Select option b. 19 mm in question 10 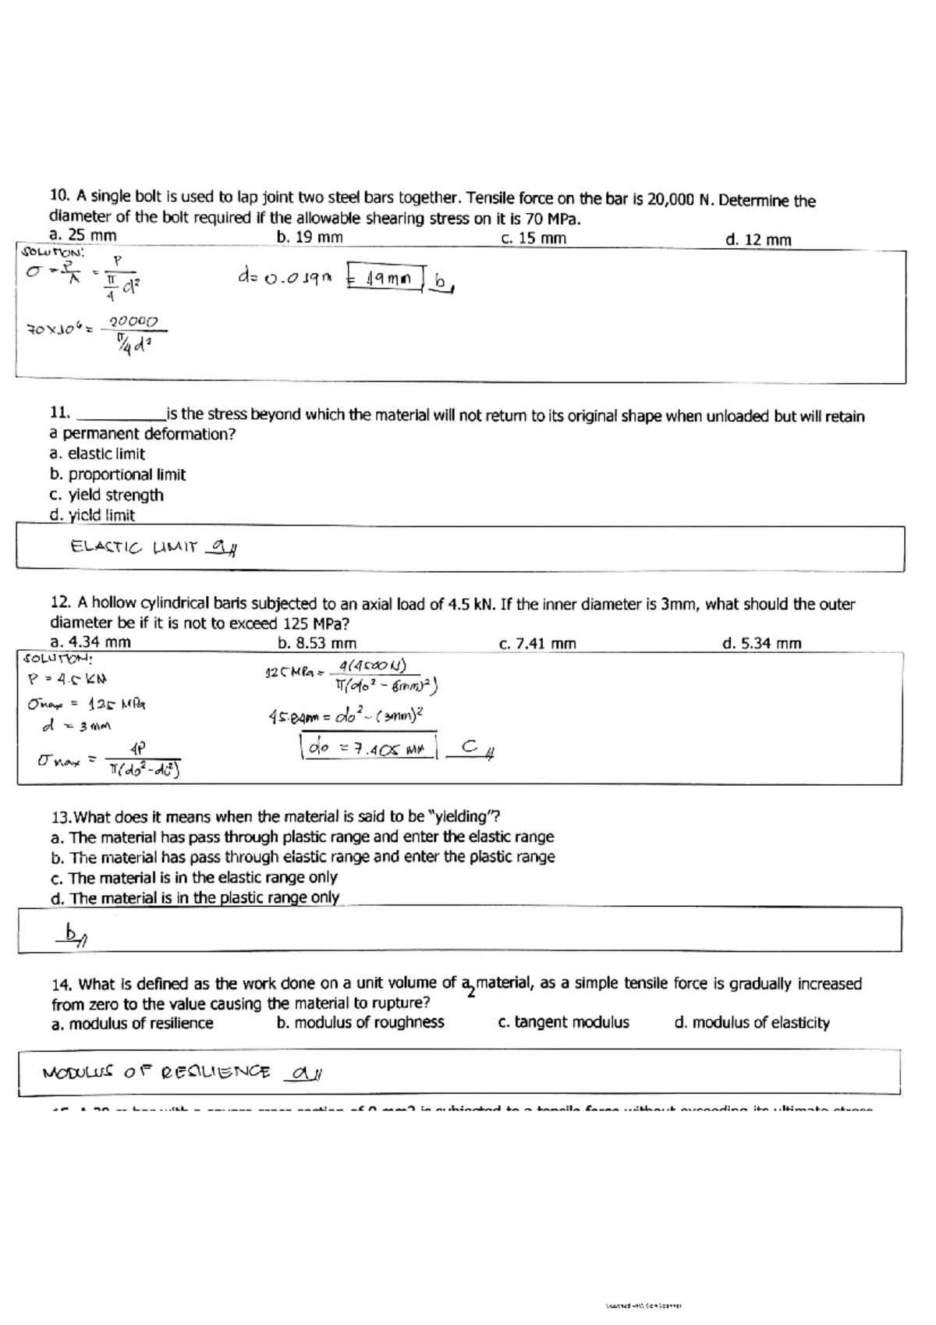pos(310,237)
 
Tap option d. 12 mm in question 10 pos(757,240)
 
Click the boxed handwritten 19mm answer pos(385,277)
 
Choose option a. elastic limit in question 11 pos(97,454)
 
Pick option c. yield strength pos(106,495)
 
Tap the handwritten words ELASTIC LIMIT pos(133,547)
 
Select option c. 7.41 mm pos(537,644)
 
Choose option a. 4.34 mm pos(90,642)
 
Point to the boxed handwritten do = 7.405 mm pos(367,748)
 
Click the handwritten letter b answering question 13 pos(73,932)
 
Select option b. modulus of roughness pos(360,1022)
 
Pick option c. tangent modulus pos(563,1022)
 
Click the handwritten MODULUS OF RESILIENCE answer pos(156,1073)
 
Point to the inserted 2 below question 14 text pos(470,993)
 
